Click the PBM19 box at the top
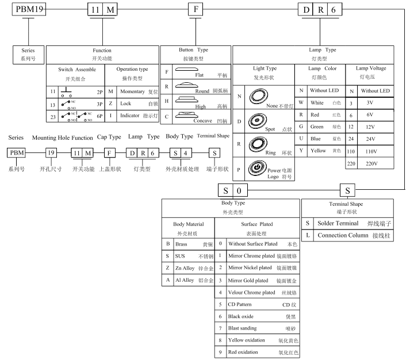[29, 9]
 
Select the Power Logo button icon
[258, 167]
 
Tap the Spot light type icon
[257, 121]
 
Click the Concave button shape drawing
[186, 115]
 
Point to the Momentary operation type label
[132, 91]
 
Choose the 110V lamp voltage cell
[371, 151]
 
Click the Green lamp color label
[317, 127]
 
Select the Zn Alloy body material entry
[185, 268]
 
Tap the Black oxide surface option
[240, 316]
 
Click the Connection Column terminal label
[343, 235]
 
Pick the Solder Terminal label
[338, 223]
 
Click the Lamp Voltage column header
[371, 68]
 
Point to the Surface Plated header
[257, 224]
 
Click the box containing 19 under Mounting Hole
[51, 152]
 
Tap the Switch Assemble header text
[77, 70]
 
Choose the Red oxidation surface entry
[243, 352]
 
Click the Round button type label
[202, 91]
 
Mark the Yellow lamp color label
[318, 151]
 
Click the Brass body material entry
[181, 244]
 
